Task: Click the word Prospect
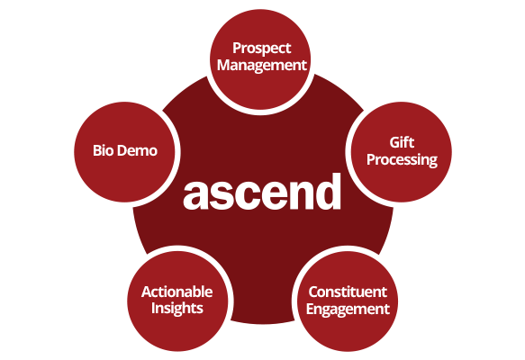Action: tap(262, 49)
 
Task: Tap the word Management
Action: tap(262, 66)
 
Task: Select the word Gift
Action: tap(402, 142)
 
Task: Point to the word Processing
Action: tap(402, 160)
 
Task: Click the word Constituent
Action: tap(348, 292)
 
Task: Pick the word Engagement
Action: tap(348, 309)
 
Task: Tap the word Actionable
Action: tap(177, 292)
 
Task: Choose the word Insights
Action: tap(177, 309)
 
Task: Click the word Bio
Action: tap(104, 150)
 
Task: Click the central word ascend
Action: tap(262, 192)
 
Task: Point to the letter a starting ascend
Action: tap(195, 196)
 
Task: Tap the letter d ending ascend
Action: tap(328, 192)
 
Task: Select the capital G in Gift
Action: tap(395, 143)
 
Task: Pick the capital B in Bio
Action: tap(98, 150)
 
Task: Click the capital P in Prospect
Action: tap(238, 49)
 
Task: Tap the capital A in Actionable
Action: tap(147, 292)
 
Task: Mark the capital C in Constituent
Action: tap(313, 292)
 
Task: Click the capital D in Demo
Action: tap(123, 150)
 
